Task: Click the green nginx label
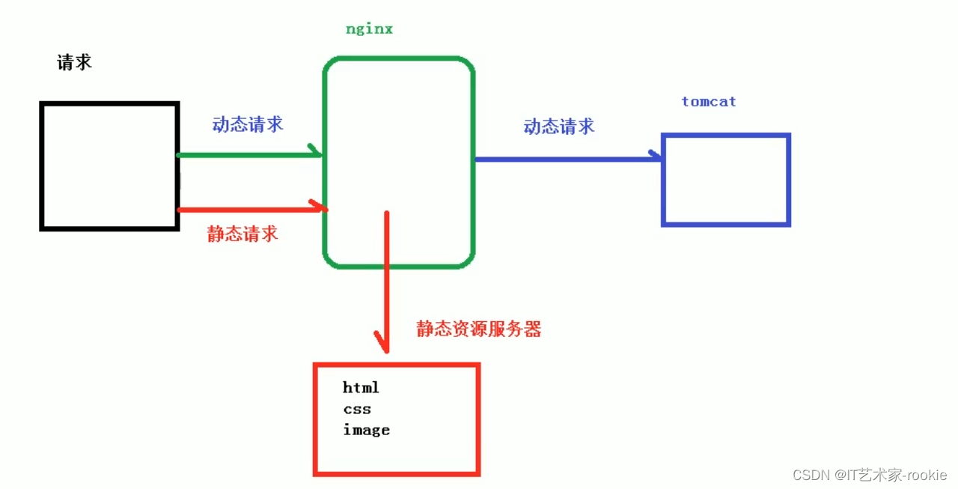click(369, 30)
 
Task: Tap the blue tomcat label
click(709, 102)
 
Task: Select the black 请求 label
click(74, 63)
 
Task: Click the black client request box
click(109, 165)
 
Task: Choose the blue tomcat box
click(726, 180)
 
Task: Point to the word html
click(361, 388)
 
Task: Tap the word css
click(357, 410)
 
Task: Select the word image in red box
click(366, 431)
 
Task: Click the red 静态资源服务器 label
click(479, 329)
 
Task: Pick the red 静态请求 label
click(242, 234)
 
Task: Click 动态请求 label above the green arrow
click(248, 124)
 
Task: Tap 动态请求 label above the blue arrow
click(559, 127)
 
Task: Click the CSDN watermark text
click(869, 476)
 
